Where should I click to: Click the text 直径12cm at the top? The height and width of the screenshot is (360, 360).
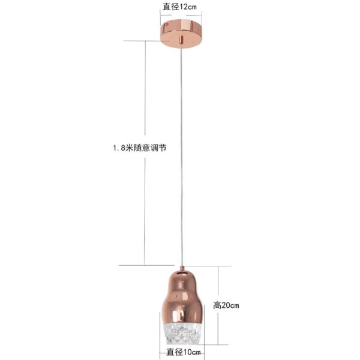[179, 7]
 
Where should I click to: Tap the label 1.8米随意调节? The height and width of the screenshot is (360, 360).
[140, 148]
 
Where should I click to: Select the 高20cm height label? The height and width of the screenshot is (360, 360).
[226, 305]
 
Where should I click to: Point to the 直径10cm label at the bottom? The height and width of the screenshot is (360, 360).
[184, 352]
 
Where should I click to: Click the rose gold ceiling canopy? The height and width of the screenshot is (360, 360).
[181, 34]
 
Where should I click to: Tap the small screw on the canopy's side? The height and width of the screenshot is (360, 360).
[167, 25]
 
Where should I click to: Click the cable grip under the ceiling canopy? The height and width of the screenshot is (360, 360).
[181, 39]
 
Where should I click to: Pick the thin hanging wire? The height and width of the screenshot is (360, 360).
[182, 155]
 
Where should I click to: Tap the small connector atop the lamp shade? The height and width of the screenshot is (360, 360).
[182, 268]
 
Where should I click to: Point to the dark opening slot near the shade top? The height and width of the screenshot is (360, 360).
[182, 273]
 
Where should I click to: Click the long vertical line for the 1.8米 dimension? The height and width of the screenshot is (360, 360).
[145, 153]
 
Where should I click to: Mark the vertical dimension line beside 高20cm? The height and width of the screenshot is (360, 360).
[218, 305]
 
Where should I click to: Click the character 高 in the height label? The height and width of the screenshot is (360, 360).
[217, 305]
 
